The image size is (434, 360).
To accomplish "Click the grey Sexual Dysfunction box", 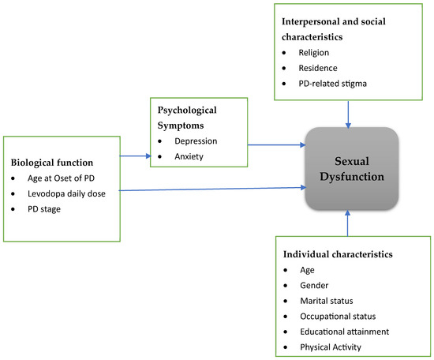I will [347, 168].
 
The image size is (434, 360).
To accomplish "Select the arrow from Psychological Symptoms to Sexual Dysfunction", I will [275, 145].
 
